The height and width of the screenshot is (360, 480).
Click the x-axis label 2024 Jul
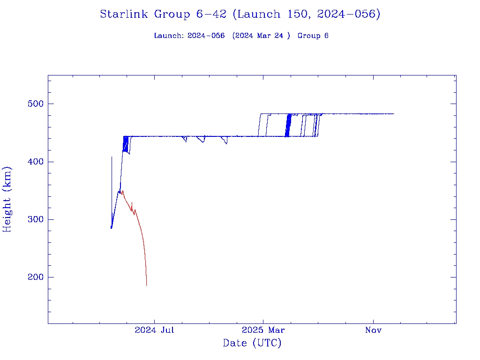pos(154,330)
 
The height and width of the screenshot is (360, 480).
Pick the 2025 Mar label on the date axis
pos(263,330)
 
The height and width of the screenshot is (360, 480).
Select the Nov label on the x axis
pos(373,330)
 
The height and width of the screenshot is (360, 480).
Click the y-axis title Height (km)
pos(7,199)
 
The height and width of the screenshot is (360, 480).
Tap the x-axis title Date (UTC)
pos(252,343)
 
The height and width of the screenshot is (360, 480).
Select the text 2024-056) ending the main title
pos(348,15)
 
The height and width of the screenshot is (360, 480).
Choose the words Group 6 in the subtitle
pos(313,36)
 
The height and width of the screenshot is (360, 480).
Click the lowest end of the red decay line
pos(147,285)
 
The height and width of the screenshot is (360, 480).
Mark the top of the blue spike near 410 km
pos(112,157)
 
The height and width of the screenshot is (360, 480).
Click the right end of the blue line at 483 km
pos(394,114)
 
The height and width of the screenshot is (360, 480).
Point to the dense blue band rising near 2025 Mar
pos(288,125)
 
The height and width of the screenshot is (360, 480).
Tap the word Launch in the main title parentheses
pos(256,15)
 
